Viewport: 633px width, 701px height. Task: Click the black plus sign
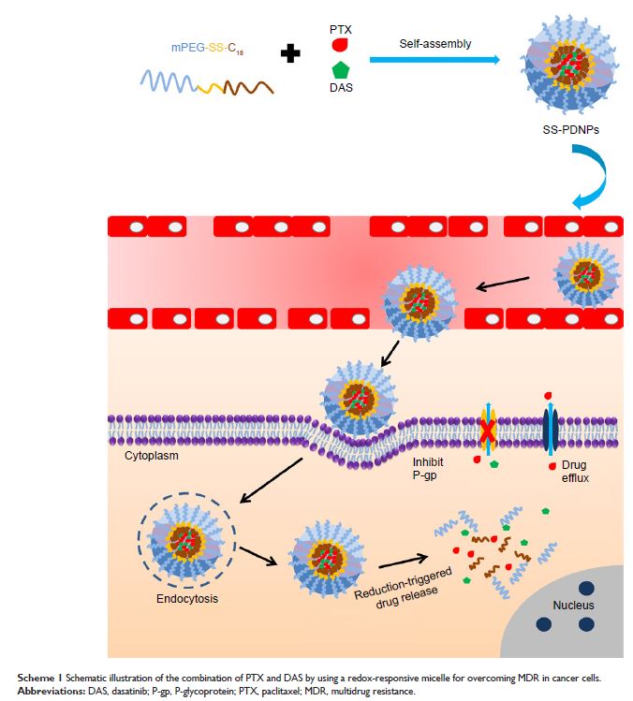point(291,54)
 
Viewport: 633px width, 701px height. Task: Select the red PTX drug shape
point(341,44)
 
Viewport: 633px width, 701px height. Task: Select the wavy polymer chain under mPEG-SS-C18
point(207,85)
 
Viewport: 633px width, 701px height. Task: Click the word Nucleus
point(572,605)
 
